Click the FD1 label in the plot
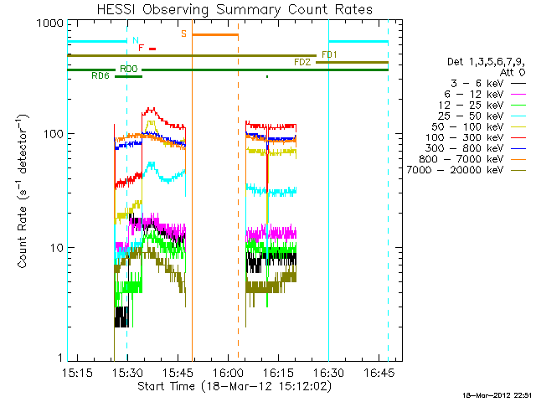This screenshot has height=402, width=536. pos(329,54)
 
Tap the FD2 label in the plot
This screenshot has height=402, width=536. pos(302,63)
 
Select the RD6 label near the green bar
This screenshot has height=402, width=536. pos(100,76)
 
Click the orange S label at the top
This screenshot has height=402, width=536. pos(183,34)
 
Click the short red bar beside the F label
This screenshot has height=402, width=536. pos(152,49)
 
